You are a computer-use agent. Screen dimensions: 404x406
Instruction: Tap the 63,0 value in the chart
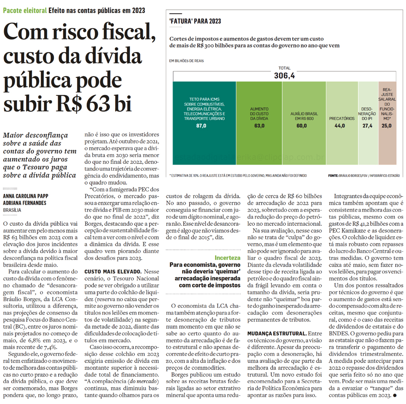(260, 126)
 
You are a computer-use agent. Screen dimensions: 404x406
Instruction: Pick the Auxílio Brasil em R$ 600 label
(304, 116)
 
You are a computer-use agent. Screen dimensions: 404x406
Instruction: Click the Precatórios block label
(342, 118)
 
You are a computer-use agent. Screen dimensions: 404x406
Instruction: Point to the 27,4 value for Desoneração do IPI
(367, 126)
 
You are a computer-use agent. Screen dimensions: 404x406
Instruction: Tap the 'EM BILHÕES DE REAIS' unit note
(187, 60)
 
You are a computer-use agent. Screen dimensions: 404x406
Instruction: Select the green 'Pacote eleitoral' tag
(25, 10)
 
